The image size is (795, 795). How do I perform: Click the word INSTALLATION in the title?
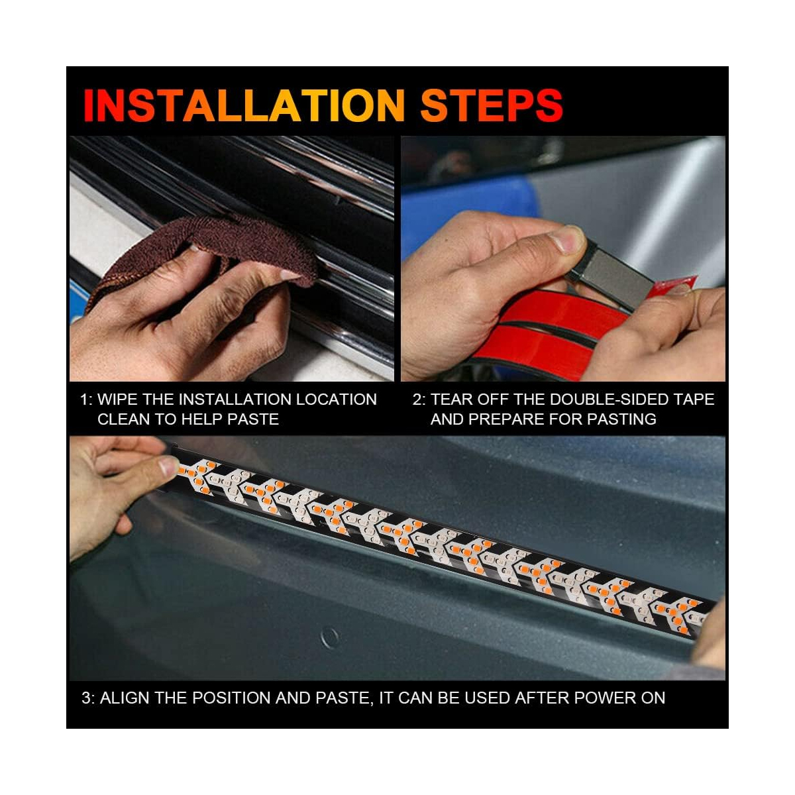244,105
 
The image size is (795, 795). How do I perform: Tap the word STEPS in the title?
492,105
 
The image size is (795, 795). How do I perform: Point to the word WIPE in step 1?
118,399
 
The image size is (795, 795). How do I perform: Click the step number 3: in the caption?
88,698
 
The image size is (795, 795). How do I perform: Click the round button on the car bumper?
330,638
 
